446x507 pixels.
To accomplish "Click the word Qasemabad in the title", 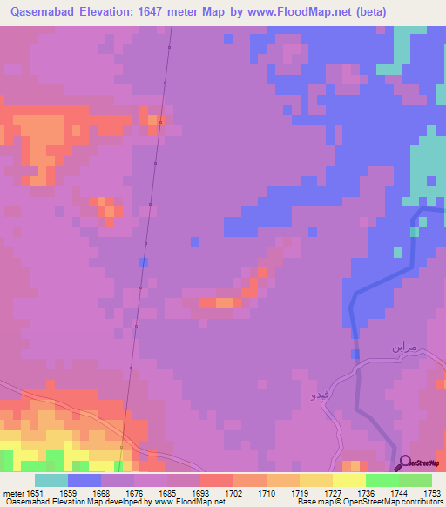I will click(42, 12).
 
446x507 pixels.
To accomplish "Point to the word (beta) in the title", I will click(368, 12).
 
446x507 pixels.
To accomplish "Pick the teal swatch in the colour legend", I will click(51, 480).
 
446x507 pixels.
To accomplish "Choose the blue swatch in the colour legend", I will click(84, 480).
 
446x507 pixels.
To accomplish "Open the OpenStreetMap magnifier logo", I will click(405, 462).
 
